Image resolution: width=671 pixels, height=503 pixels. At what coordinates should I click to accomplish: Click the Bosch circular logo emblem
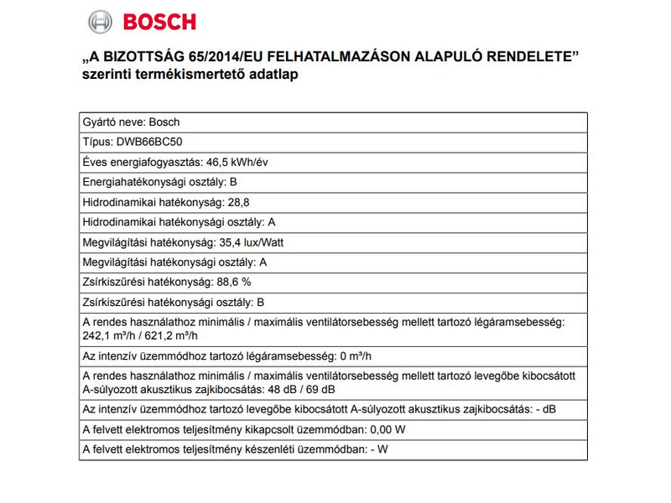pyautogui.click(x=99, y=21)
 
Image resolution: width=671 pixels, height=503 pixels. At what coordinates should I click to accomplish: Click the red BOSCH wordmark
pyautogui.click(x=159, y=21)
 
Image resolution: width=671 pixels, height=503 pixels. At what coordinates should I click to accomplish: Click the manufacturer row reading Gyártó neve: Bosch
pyautogui.click(x=130, y=122)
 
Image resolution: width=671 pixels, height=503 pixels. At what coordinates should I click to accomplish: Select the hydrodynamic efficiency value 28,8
pyautogui.click(x=239, y=202)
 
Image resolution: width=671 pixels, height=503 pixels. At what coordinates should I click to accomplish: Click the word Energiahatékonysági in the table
pyautogui.click(x=130, y=182)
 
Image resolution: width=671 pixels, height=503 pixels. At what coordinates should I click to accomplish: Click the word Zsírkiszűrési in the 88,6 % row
pyautogui.click(x=112, y=283)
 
